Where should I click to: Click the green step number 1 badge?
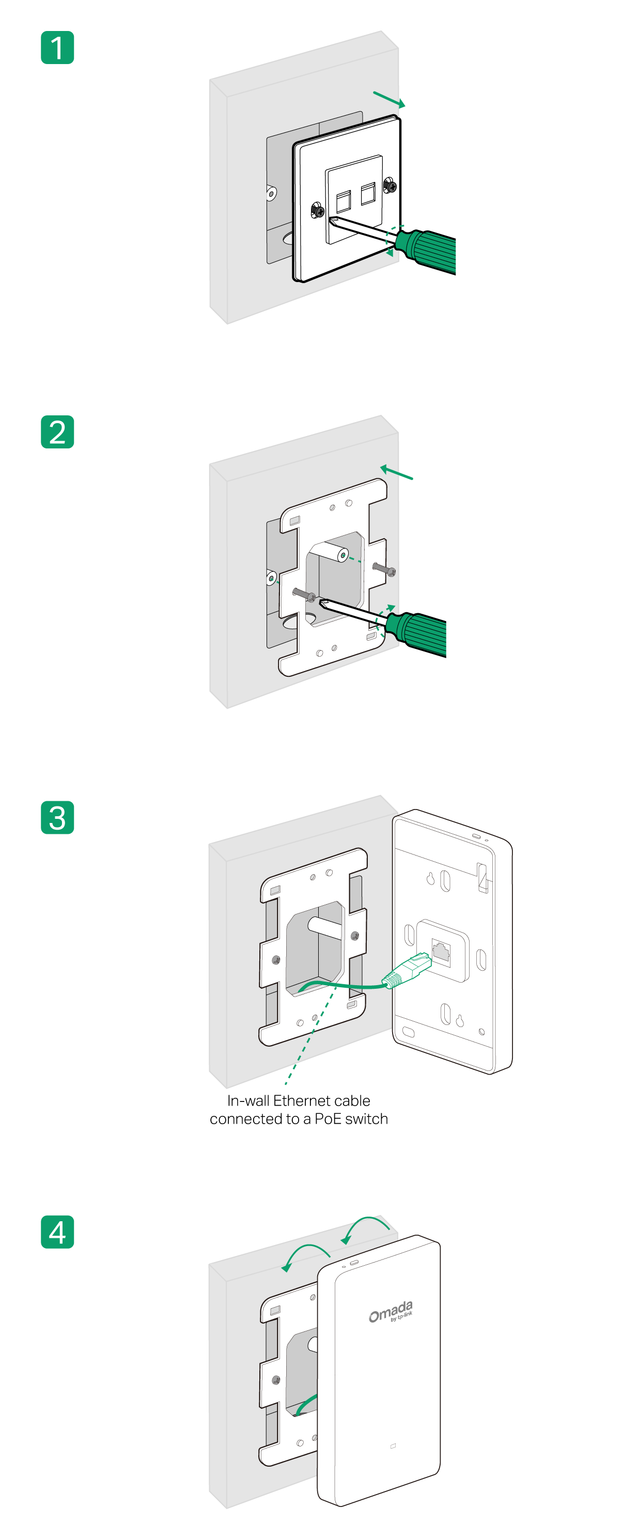(57, 48)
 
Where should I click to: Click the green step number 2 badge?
(57, 432)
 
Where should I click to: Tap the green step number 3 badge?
(57, 817)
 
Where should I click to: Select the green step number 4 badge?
(57, 1232)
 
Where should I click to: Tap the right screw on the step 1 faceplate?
(390, 186)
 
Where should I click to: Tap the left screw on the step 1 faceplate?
(318, 210)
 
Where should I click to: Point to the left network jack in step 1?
(343, 201)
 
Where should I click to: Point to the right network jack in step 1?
(367, 194)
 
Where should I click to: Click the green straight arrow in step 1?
(390, 100)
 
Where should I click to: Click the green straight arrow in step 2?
(397, 473)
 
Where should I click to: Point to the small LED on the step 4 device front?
(393, 1446)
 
